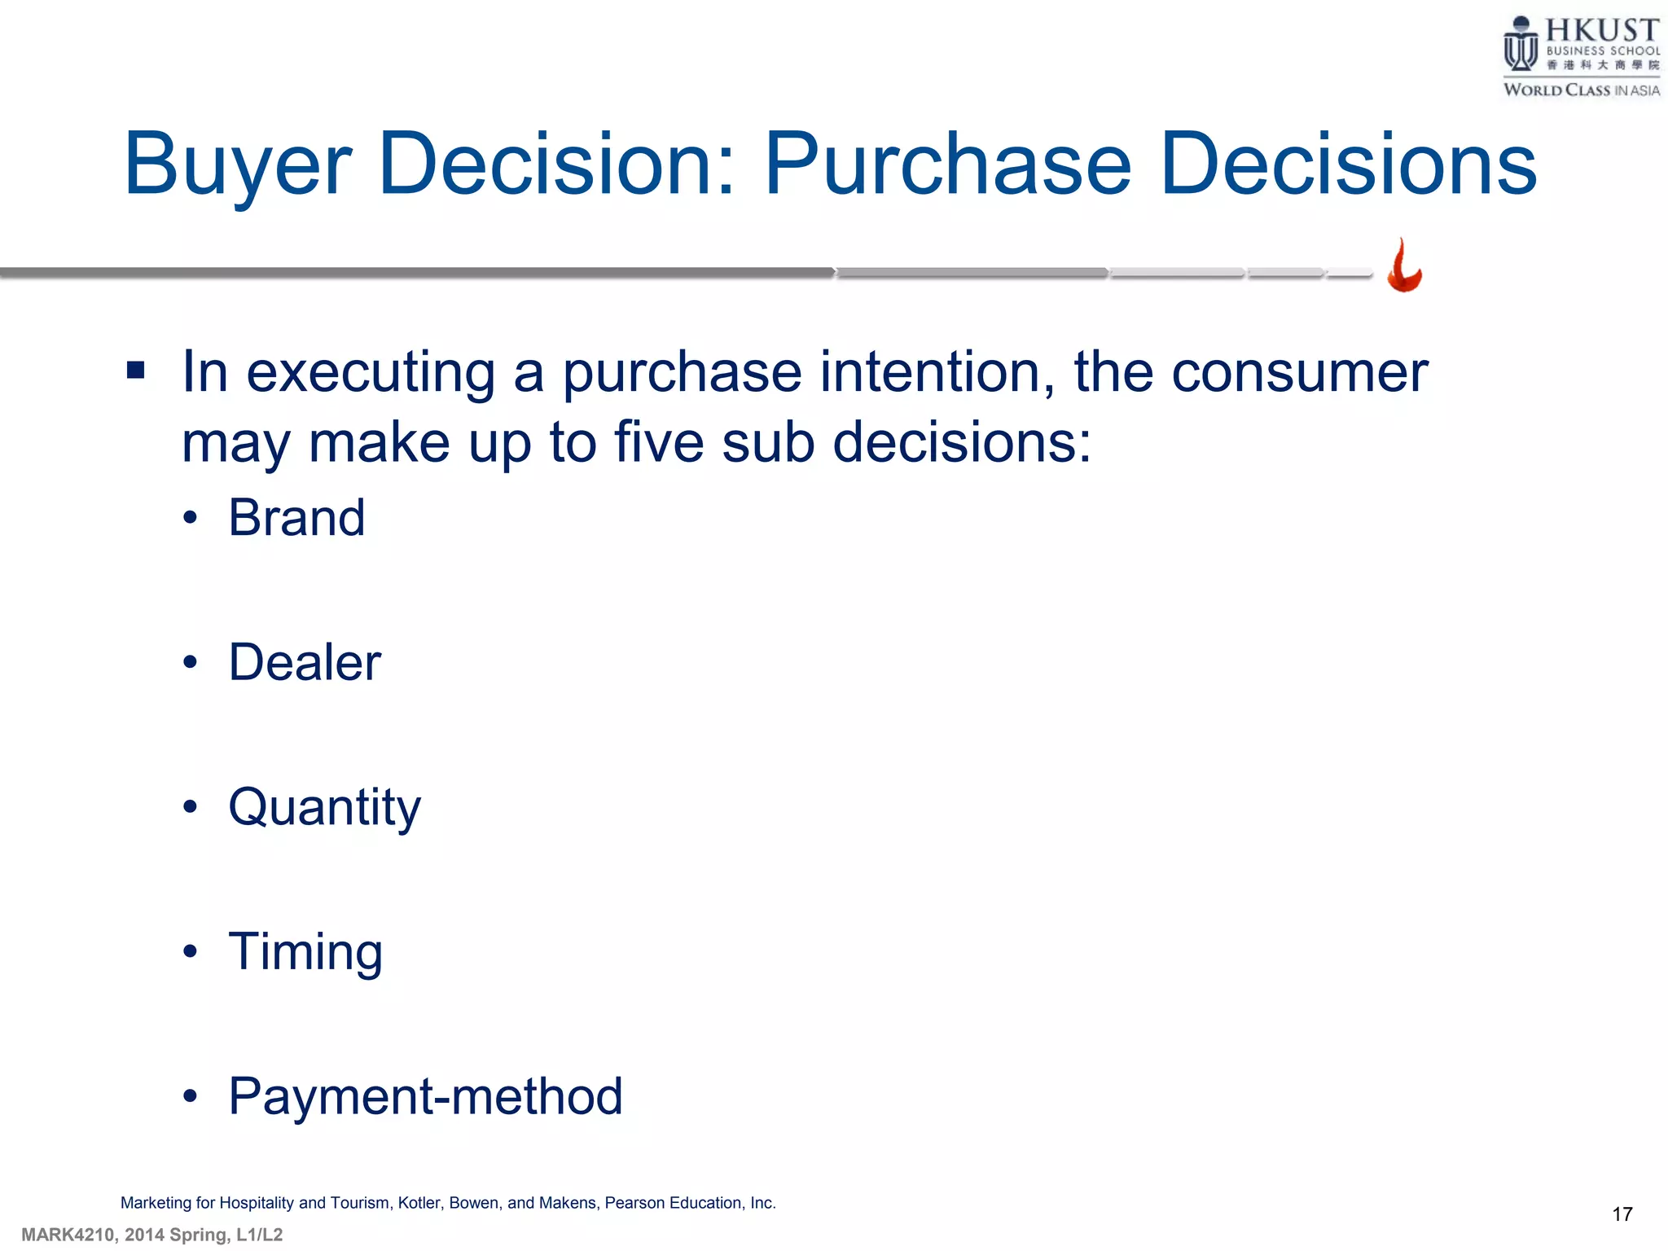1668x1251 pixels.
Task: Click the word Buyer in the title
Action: [237, 165]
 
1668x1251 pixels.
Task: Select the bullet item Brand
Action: [296, 518]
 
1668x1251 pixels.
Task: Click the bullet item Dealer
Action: [305, 662]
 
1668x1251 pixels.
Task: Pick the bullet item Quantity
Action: [324, 807]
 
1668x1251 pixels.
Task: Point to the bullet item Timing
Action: [305, 951]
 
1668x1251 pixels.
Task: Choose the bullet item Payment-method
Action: [425, 1096]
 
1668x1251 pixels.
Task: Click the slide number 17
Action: [1622, 1214]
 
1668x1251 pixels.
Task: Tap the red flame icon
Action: [1404, 266]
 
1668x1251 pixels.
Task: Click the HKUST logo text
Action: [1602, 31]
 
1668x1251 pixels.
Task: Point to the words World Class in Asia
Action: [1581, 90]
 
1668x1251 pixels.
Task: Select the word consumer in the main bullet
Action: [1299, 373]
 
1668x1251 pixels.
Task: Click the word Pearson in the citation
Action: [634, 1203]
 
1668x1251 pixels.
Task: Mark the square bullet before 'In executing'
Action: [136, 371]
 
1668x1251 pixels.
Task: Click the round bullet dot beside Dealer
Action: [190, 663]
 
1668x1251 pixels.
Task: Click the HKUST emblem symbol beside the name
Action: [1520, 44]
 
